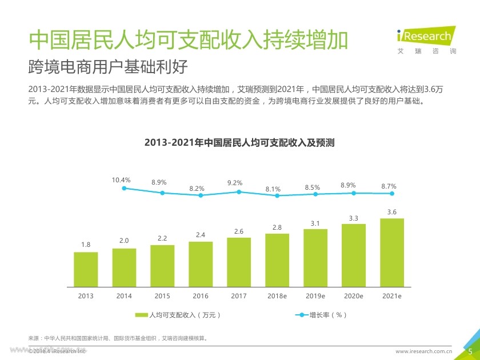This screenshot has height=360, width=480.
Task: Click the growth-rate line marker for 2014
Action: [124, 188]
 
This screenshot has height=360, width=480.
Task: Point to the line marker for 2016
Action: [201, 195]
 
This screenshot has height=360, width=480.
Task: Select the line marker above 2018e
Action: [277, 195]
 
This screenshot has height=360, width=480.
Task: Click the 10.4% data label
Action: [121, 180]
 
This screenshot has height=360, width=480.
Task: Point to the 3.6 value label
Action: [392, 212]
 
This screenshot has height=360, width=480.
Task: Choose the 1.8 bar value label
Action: [86, 245]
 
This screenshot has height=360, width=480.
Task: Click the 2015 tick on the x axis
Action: [162, 296]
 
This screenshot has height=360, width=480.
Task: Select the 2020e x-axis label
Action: [354, 296]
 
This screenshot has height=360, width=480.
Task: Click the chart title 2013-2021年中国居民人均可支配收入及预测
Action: [239, 142]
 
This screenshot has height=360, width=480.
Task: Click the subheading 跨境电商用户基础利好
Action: [108, 67]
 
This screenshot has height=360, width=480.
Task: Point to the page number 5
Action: [470, 351]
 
